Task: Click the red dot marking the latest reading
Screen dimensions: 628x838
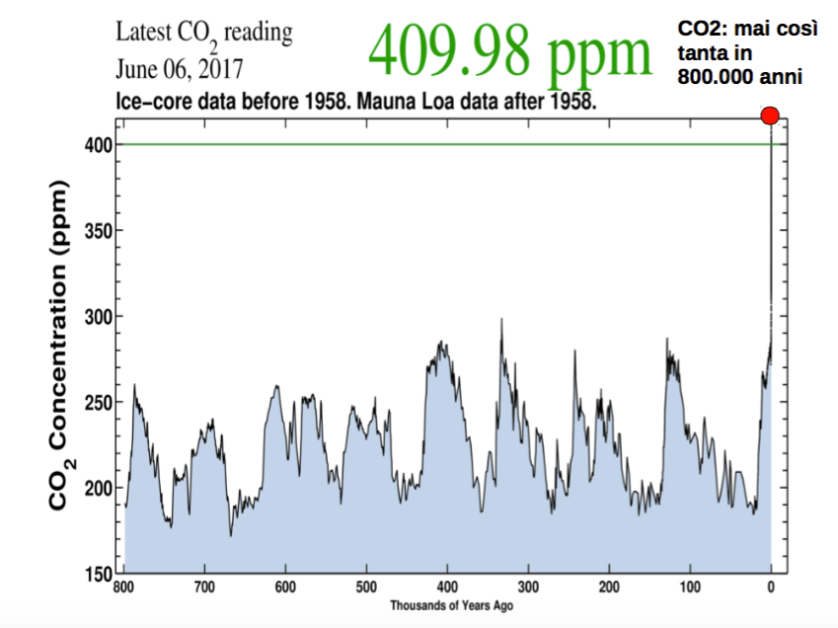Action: point(771,117)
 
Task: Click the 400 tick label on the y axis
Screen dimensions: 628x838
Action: point(98,145)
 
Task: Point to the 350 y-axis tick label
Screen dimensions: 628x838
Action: point(98,231)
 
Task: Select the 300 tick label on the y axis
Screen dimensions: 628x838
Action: point(98,316)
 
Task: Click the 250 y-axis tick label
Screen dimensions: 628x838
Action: point(98,402)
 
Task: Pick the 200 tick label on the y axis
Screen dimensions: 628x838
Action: point(98,488)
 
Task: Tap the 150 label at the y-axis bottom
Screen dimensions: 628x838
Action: point(98,573)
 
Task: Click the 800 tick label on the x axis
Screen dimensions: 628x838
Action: point(123,589)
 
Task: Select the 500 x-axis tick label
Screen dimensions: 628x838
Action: point(366,589)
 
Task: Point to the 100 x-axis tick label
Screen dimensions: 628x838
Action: point(690,589)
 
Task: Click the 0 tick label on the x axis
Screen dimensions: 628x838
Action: point(771,589)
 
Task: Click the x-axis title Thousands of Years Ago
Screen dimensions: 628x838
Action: point(450,605)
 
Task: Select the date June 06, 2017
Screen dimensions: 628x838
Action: point(179,70)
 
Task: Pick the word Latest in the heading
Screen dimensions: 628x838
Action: point(144,32)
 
